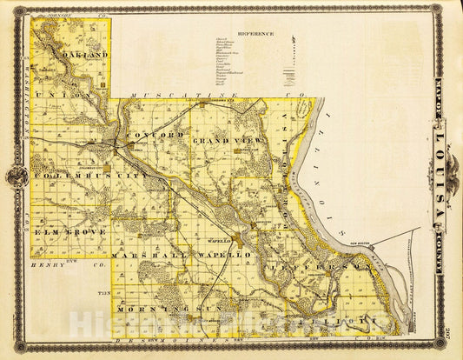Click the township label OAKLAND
click(84, 55)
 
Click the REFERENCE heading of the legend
click(257, 34)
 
